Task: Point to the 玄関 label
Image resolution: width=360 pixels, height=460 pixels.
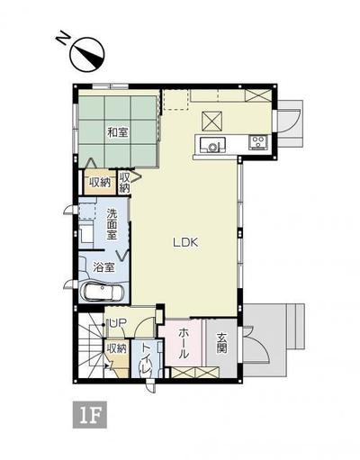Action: (222, 345)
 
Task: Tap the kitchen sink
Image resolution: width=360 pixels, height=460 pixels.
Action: (212, 143)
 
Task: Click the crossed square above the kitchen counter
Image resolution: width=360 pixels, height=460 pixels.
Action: (213, 119)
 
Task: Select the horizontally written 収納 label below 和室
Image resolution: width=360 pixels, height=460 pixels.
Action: (100, 182)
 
